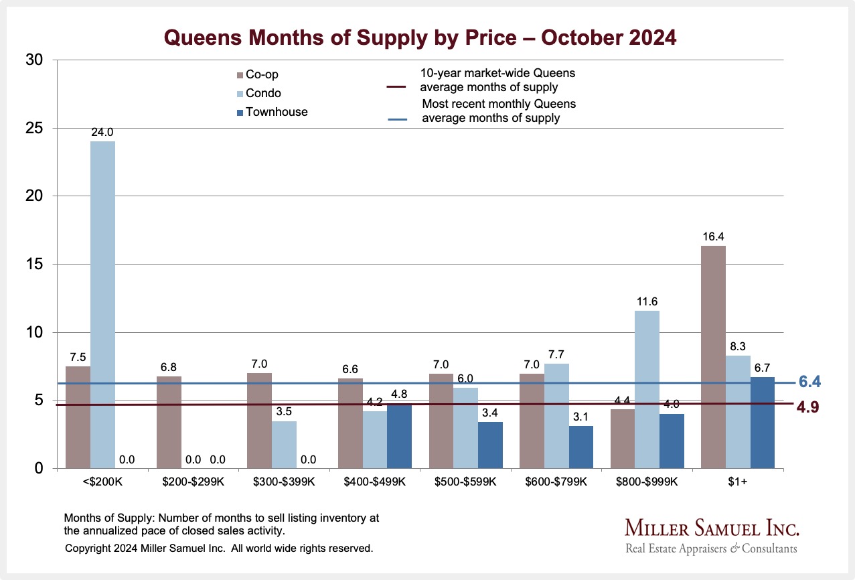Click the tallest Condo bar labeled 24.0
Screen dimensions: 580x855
pyautogui.click(x=102, y=305)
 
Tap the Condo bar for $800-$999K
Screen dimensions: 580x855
pyautogui.click(x=647, y=389)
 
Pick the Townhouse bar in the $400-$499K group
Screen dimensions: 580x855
pyautogui.click(x=400, y=435)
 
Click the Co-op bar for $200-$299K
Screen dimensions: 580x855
pyautogui.click(x=169, y=422)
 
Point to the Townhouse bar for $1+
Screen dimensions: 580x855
pyautogui.click(x=762, y=423)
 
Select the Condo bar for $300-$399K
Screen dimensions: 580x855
pyautogui.click(x=284, y=445)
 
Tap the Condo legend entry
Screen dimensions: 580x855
pyautogui.click(x=262, y=93)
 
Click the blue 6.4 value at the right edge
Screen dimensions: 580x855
pyautogui.click(x=809, y=382)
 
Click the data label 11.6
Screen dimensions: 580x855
pyautogui.click(x=647, y=300)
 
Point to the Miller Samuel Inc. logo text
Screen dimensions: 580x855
pyautogui.click(x=712, y=528)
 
